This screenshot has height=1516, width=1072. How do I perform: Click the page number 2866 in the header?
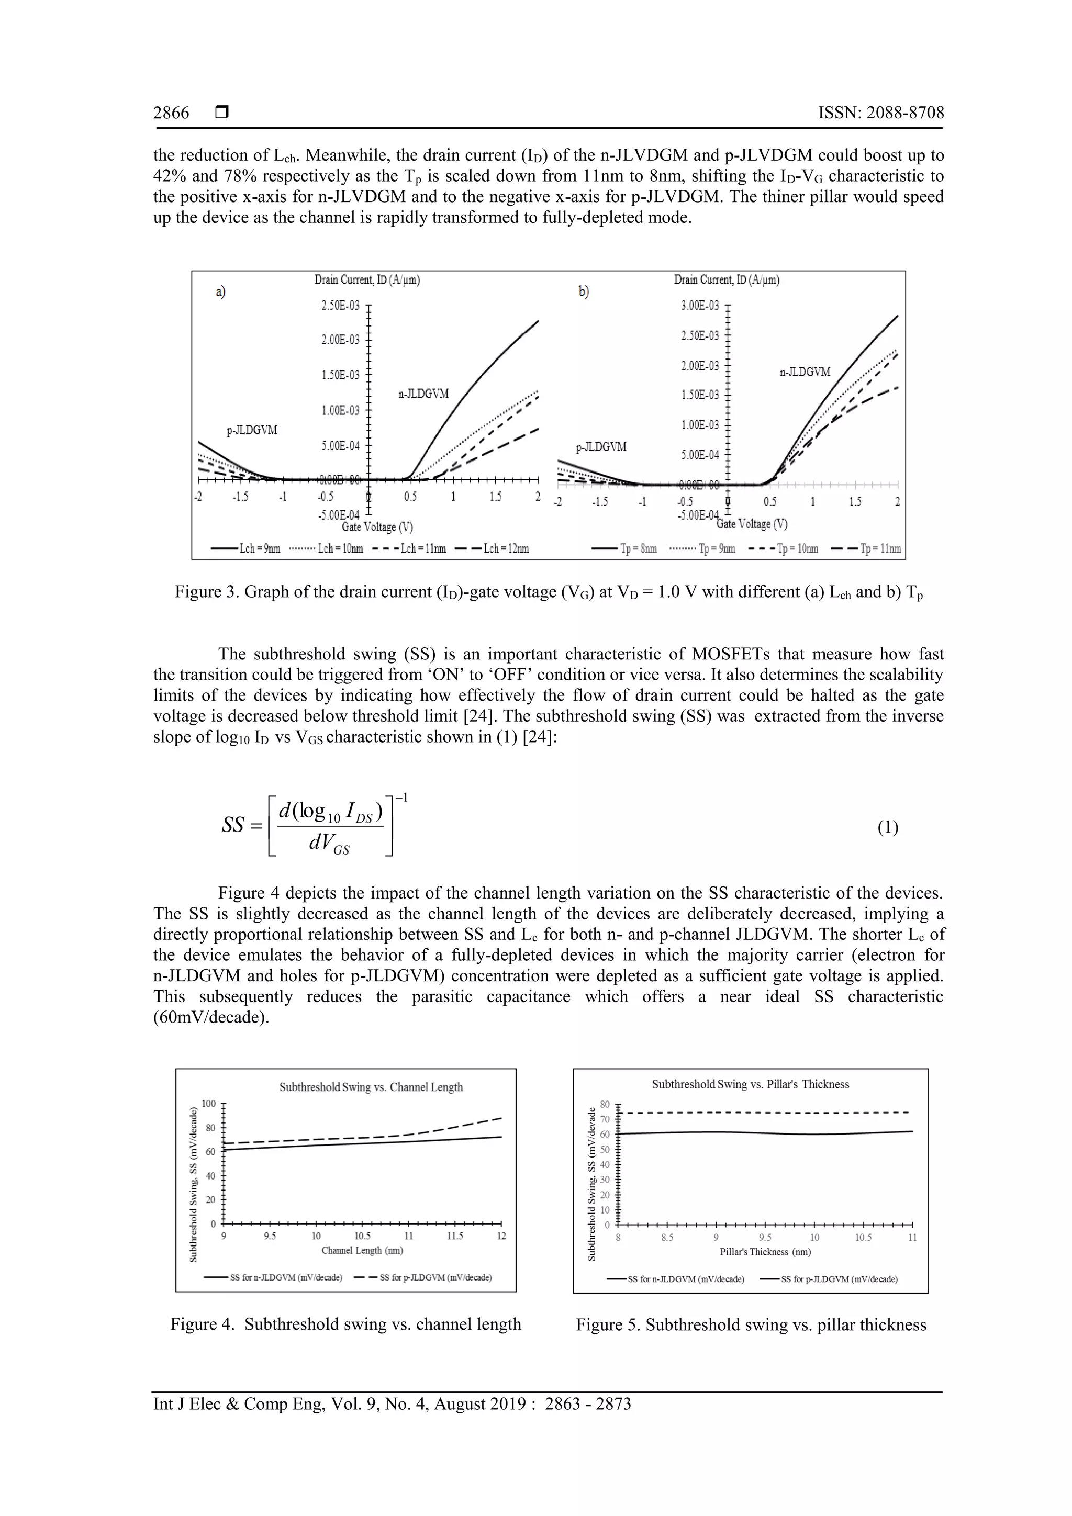[x=171, y=113]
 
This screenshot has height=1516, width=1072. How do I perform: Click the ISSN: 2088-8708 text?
[x=880, y=113]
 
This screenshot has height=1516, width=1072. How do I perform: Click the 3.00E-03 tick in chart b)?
[x=699, y=305]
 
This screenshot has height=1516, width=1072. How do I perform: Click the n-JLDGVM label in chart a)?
[x=423, y=394]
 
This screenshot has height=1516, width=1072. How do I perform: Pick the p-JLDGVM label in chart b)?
[x=601, y=447]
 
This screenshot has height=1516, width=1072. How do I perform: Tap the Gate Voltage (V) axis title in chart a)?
[x=378, y=527]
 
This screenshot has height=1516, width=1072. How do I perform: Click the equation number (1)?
[x=888, y=827]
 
